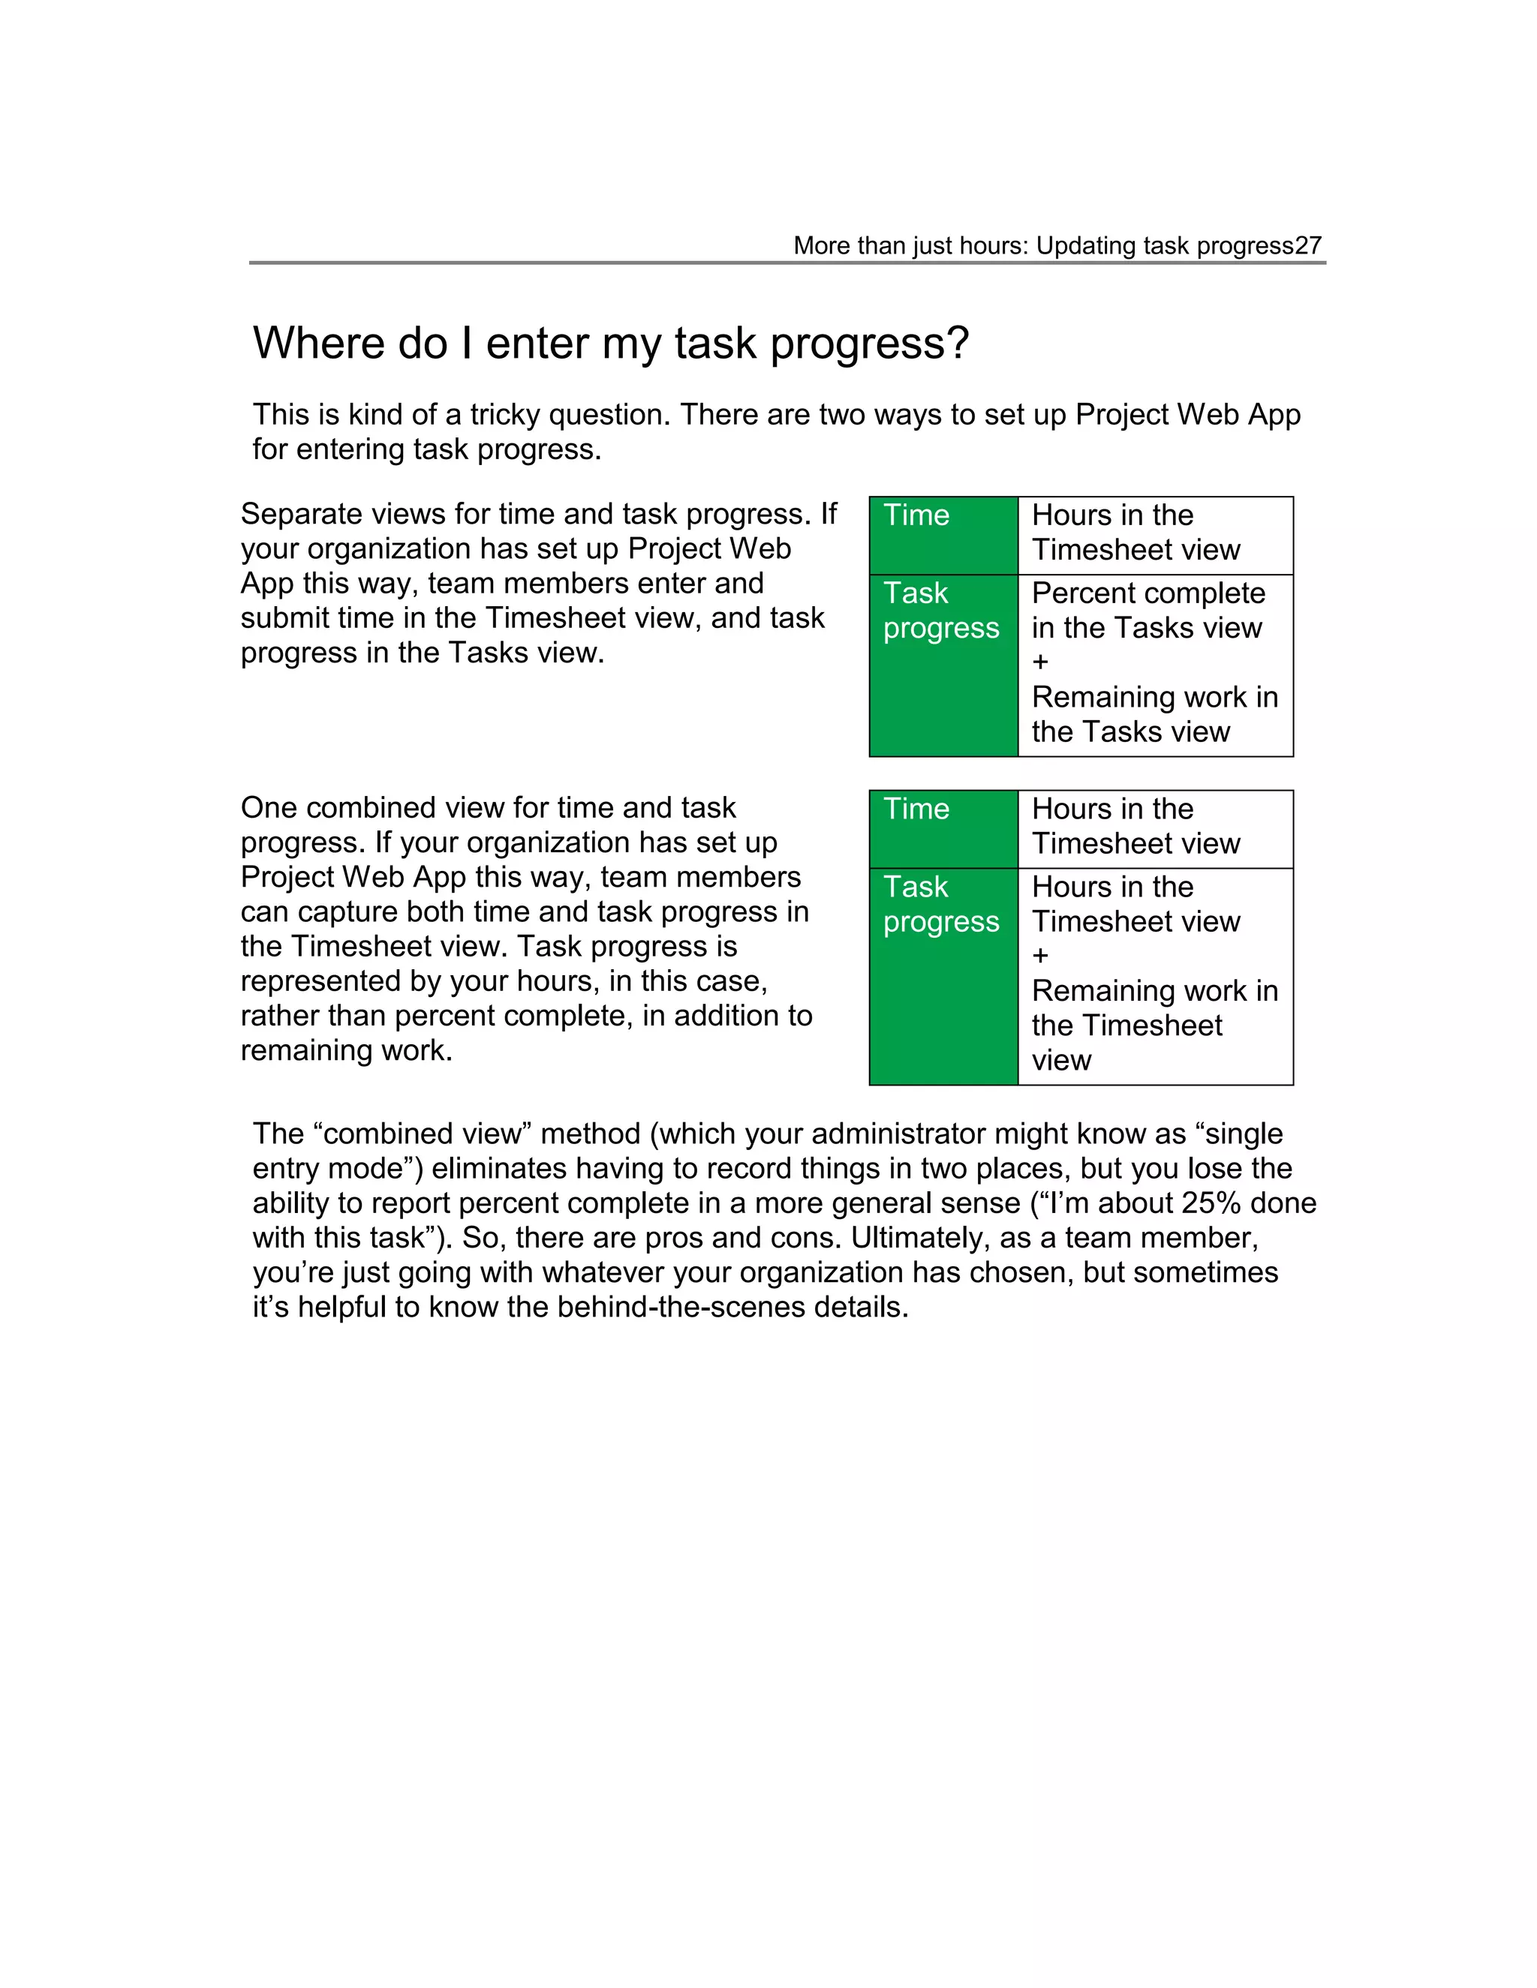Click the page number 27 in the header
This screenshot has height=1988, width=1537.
[x=1307, y=246]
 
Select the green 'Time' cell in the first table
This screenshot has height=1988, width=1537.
[x=943, y=534]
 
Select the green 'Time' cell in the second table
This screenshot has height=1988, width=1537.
[x=943, y=828]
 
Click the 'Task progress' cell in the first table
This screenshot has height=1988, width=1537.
[x=943, y=665]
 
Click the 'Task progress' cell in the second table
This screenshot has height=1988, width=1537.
[x=943, y=976]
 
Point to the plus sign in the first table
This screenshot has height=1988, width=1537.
[x=1041, y=662]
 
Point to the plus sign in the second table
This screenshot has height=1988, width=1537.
[x=1041, y=956]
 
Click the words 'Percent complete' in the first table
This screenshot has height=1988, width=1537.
[x=1147, y=593]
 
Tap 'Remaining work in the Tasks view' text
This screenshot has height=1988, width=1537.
[x=1154, y=714]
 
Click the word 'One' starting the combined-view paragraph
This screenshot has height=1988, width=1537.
[x=268, y=808]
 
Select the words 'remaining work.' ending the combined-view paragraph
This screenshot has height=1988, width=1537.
[x=346, y=1050]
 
